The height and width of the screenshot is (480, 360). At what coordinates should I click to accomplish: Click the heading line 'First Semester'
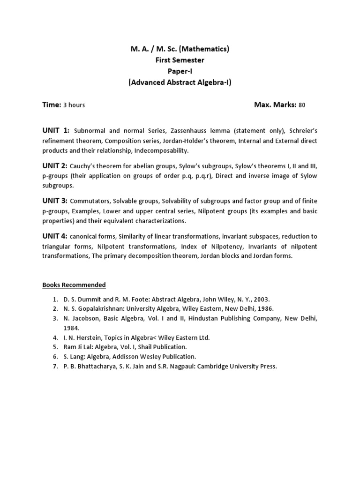[x=180, y=60]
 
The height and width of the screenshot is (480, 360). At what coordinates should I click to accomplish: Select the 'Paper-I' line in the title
[x=180, y=71]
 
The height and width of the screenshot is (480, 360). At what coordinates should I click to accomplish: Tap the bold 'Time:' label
[x=52, y=105]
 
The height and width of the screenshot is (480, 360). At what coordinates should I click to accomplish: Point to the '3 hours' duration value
[x=74, y=105]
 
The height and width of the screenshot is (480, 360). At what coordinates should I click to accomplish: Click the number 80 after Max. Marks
[x=301, y=105]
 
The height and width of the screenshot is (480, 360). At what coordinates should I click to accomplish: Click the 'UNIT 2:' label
[x=55, y=165]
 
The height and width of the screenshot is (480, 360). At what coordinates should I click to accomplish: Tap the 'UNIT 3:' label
[x=55, y=201]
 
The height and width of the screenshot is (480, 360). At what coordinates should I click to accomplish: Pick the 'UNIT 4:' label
[x=55, y=236]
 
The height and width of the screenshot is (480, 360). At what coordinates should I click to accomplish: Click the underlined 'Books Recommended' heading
[x=74, y=285]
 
